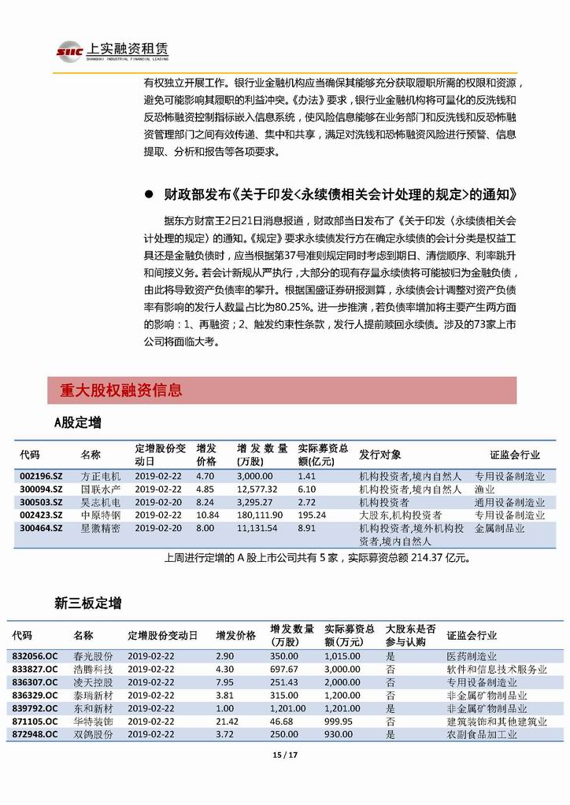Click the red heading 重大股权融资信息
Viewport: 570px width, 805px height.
pos(120,390)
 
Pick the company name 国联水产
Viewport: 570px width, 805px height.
pos(101,489)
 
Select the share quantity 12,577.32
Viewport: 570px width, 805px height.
pos(259,489)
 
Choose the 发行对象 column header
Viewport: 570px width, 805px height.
pos(380,455)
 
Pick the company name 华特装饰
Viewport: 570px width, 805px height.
pos(93,721)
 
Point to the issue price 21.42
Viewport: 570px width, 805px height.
pos(228,721)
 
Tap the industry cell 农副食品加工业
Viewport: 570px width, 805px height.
pos(482,733)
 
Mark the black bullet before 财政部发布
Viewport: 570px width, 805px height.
pos(150,194)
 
